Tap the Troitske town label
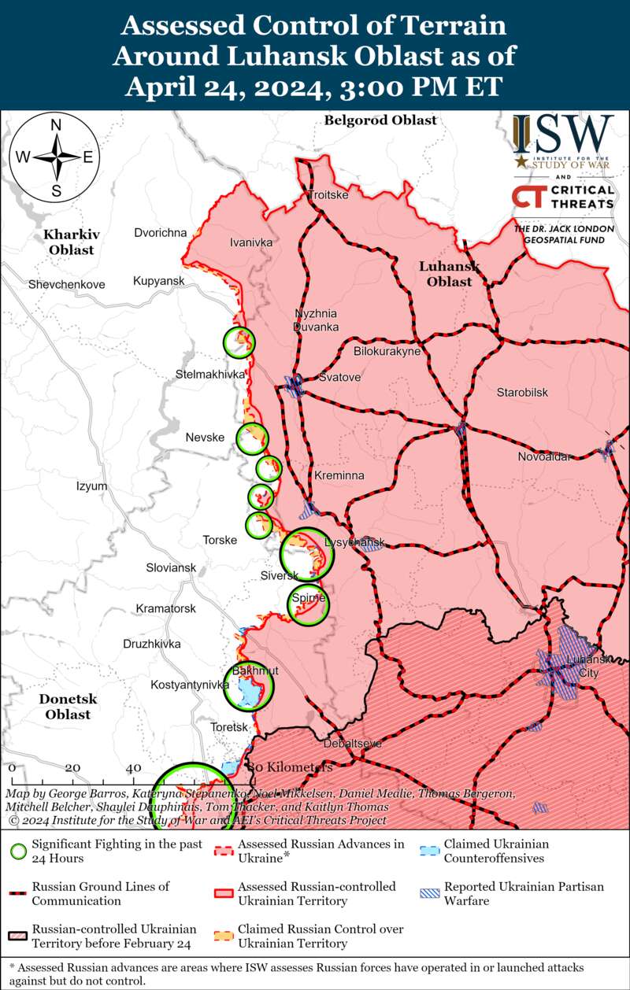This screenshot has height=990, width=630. pos(328,194)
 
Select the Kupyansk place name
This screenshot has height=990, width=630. pos(158,281)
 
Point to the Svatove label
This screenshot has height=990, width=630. pos(339,378)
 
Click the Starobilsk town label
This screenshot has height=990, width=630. pos(522,393)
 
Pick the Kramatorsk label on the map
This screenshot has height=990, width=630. pos(165,608)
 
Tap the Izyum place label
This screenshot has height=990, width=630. pos(91,486)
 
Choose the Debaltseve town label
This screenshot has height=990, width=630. pos(353,743)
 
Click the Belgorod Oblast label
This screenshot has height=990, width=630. pos(380,120)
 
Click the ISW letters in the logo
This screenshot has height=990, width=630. pos(563,135)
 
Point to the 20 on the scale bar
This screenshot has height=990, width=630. pos(72,767)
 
